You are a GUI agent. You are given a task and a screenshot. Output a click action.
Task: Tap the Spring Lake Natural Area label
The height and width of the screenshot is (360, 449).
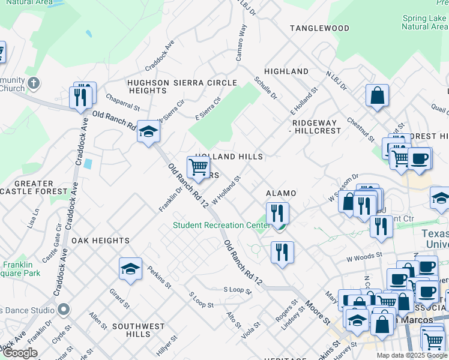424,22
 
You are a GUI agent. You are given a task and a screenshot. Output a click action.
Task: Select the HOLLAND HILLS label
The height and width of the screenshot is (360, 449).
229,157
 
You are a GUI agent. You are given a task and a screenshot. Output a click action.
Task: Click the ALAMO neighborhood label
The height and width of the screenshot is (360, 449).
281,193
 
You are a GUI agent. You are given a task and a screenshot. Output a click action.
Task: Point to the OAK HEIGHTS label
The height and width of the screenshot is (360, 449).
100,240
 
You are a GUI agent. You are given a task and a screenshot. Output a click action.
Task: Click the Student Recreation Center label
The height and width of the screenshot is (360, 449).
220,226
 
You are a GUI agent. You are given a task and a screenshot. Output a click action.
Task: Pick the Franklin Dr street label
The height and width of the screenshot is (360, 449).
169,198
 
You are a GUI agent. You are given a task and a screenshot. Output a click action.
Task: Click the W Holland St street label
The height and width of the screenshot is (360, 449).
226,189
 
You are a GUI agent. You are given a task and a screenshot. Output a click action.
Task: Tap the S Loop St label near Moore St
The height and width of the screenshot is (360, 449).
237,290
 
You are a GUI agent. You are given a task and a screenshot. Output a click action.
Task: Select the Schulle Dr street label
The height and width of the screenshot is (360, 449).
265,88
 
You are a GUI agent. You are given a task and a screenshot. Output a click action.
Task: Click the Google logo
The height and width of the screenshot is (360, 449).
20,353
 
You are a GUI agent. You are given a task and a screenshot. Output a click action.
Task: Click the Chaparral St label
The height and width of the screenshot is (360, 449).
122,101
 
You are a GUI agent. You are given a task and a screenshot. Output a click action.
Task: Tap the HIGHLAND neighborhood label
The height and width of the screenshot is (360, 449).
286,71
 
